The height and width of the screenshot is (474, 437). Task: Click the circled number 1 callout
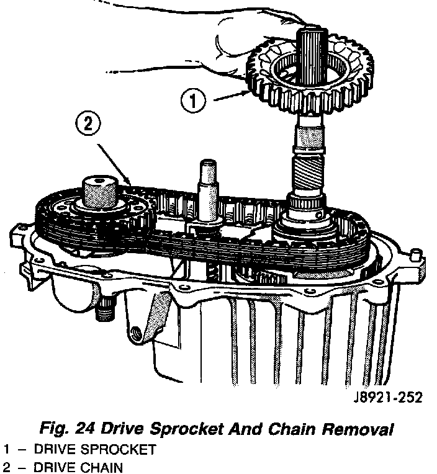(194, 99)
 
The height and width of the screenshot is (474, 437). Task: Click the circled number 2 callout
(88, 124)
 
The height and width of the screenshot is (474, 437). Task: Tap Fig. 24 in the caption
(63, 429)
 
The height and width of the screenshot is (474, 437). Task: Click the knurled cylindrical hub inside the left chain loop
(99, 190)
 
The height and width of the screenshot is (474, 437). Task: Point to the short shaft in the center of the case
(206, 180)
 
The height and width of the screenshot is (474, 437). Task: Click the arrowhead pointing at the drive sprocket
(248, 92)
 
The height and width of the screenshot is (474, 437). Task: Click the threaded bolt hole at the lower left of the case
(133, 331)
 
